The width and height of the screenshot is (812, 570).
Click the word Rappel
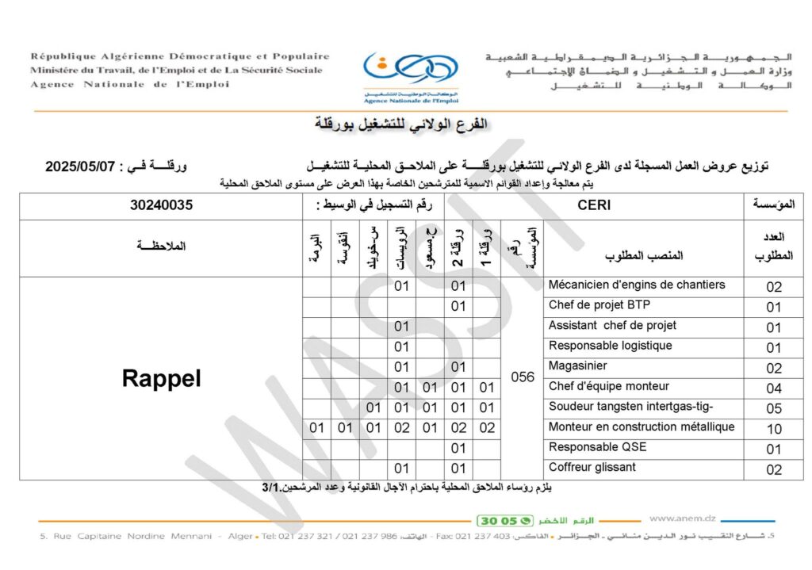[x=161, y=378]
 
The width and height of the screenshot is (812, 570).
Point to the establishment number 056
[x=523, y=377]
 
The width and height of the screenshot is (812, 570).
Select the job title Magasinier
[x=578, y=366]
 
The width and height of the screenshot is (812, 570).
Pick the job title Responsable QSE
[x=598, y=447]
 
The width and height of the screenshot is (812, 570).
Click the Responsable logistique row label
[x=611, y=346]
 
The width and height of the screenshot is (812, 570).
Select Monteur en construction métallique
[x=642, y=427]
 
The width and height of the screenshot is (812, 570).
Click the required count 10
[x=774, y=429]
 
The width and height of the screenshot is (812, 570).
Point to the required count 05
[x=774, y=408]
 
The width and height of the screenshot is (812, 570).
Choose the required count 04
[x=774, y=388]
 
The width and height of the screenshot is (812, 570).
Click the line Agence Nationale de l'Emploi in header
[x=129, y=85]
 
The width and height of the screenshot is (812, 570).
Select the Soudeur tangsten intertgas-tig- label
[x=631, y=407]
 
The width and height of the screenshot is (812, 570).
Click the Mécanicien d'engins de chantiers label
[x=637, y=285]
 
